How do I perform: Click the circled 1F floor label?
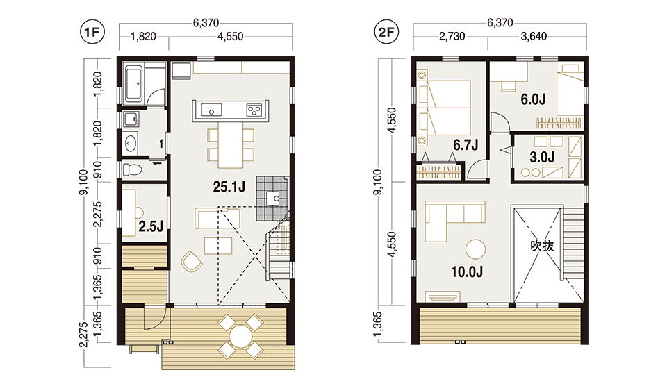[92, 33]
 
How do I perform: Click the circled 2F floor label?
[386, 33]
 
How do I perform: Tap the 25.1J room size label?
[229, 187]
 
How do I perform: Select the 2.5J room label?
[151, 226]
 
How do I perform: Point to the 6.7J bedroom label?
[466, 145]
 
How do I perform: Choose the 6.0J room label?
[533, 99]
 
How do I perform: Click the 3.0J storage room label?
[542, 157]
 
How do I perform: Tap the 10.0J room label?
[467, 271]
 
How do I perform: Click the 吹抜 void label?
[542, 246]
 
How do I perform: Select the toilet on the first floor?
[132, 170]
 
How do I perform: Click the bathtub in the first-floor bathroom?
[133, 83]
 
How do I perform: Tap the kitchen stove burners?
[254, 110]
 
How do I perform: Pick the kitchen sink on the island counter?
[211, 110]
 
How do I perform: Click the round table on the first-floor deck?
[241, 336]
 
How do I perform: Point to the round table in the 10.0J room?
[475, 249]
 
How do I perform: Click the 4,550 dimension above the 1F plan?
[231, 37]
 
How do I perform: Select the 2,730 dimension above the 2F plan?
[452, 37]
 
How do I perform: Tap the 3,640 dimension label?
[534, 37]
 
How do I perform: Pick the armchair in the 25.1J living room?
[192, 261]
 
